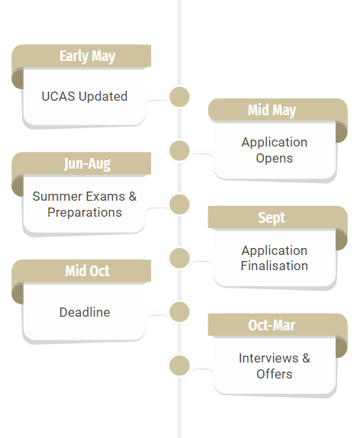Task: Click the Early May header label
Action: point(87,56)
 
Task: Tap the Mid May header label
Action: point(272,110)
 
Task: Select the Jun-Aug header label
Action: point(87,164)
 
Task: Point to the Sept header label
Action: point(272,217)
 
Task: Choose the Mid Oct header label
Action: point(88,271)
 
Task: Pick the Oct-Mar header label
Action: point(272,325)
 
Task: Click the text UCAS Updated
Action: point(85,96)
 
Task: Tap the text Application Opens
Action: point(275,150)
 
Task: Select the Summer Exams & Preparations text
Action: point(85,205)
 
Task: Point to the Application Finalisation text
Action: point(275,258)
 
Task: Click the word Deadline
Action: point(85,312)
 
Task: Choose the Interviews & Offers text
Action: point(275,366)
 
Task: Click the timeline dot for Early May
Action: point(179,97)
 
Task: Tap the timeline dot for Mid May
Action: point(179,150)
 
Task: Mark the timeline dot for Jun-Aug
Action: point(179,205)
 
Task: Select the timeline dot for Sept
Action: point(179,258)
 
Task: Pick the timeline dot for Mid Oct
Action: point(179,312)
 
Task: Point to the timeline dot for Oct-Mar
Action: point(179,366)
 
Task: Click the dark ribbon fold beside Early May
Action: point(18,79)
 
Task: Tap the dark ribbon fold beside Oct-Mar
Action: point(341,347)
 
